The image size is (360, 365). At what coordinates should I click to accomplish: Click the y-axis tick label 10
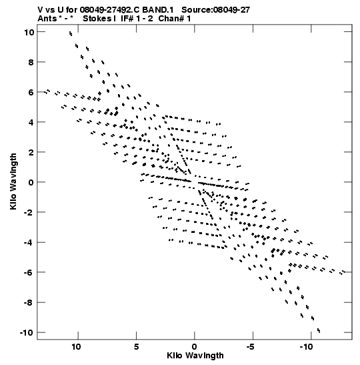[29, 32]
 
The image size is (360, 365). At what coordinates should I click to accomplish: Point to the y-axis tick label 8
[31, 62]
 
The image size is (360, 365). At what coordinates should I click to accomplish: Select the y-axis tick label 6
[31, 92]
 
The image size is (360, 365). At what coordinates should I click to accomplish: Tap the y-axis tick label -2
[29, 212]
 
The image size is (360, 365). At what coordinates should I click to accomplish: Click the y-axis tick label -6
[29, 272]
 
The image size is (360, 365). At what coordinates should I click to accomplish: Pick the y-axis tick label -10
[27, 332]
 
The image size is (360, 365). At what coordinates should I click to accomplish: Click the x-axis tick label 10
[76, 347]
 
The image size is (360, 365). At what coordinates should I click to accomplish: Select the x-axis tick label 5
[137, 347]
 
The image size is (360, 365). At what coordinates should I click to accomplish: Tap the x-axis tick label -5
[251, 347]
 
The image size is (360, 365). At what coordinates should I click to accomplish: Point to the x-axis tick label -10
[307, 347]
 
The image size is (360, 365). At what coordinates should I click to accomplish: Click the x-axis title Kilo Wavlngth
[195, 356]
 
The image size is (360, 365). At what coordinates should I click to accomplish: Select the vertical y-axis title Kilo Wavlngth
[13, 181]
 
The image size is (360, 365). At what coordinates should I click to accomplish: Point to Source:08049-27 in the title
[215, 10]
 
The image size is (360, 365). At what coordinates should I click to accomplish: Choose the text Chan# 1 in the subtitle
[175, 19]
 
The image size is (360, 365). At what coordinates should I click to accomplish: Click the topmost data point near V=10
[71, 34]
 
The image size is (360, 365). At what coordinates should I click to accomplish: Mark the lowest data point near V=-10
[319, 330]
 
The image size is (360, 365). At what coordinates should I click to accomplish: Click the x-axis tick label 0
[195, 347]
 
